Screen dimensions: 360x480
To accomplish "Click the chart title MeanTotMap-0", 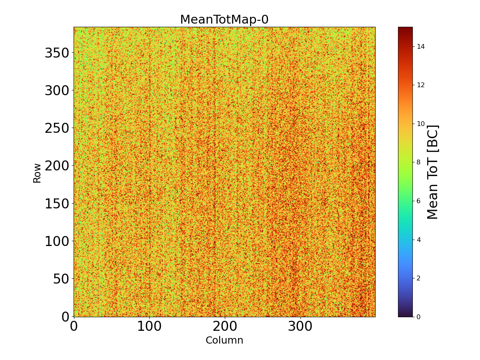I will pos(224,20).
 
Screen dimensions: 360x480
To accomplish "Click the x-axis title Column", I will pos(224,340).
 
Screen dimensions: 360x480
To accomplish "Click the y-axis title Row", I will pos(37,173).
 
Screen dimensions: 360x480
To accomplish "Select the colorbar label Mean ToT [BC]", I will pos(433,172).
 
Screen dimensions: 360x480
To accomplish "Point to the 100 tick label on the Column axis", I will pos(149,327).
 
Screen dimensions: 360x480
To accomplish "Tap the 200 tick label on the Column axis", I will pos(224,327).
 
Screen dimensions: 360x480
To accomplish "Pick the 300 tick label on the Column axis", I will pos(300,327).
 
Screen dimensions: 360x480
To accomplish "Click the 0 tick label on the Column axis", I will pos(74,327).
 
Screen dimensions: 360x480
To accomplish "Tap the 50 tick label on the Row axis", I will pos(61,279).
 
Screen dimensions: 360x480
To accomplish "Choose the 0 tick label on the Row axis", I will pos(66,317).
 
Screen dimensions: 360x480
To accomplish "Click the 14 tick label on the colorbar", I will pos(420,46).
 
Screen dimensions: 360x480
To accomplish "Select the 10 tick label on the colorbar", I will pos(420,124).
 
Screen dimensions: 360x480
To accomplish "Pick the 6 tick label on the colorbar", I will pos(418,201).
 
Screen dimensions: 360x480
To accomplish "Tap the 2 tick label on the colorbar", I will pos(418,278).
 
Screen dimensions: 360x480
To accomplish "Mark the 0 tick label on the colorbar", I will pos(418,317).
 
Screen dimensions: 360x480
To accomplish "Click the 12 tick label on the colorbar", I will pos(420,85).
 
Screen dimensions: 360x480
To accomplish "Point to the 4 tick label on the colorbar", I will pos(418,240).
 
